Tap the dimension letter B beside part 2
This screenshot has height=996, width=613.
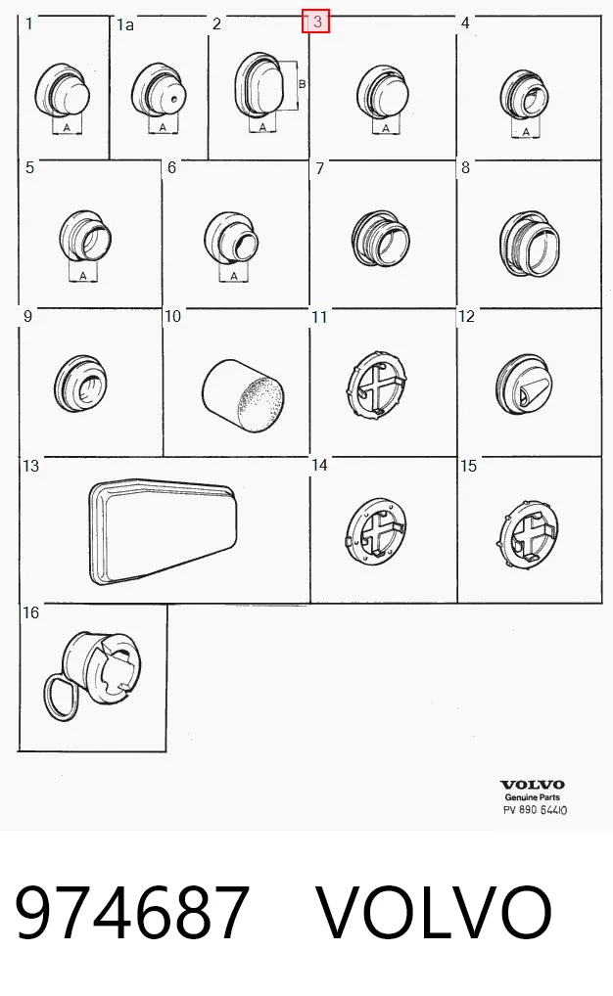pos(302,84)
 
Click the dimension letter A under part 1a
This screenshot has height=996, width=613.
pos(163,127)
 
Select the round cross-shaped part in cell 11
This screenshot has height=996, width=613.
pos(378,384)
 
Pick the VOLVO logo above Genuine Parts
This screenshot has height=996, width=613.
pos(533,785)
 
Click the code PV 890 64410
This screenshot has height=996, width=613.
pos(535,810)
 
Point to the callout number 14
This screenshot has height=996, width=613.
pos(319,465)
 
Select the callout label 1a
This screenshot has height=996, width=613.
pos(125,24)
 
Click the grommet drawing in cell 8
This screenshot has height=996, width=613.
pos(530,244)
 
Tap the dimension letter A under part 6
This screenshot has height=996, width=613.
pos(234,276)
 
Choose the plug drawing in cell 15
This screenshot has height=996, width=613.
pos(527,532)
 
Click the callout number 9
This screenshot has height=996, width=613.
pos(27,316)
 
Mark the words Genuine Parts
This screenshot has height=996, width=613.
pos(533,797)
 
